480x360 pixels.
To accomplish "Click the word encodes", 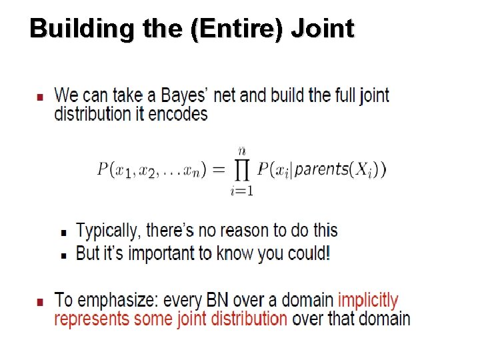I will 178,114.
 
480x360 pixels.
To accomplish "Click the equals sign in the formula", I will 218,169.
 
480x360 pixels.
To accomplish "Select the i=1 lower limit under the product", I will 241,192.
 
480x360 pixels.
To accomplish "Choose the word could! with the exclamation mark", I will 309,254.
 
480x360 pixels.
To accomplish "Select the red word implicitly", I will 368,301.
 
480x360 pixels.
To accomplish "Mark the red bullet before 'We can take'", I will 41,97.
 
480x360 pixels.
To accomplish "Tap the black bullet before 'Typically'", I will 63,233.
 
